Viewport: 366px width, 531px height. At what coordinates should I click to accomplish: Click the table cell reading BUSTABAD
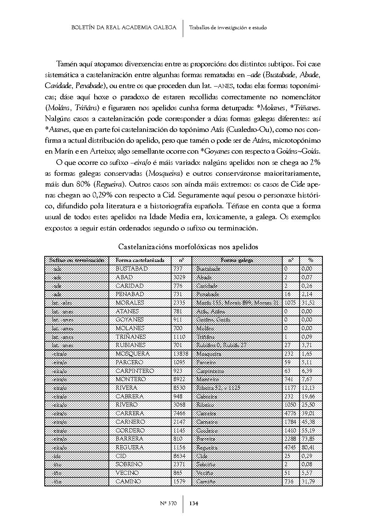point(131,269)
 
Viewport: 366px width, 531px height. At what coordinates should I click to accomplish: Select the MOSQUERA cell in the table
point(132,354)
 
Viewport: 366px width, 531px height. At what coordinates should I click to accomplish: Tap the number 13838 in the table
point(181,354)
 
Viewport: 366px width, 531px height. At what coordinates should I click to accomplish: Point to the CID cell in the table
point(121,456)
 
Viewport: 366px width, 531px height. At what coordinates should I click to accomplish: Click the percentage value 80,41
point(308,447)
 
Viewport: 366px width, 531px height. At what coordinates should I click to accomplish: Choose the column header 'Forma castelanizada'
point(140,260)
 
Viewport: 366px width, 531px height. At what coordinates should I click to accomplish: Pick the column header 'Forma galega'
point(236,260)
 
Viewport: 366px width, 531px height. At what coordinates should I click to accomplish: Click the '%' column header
point(311,260)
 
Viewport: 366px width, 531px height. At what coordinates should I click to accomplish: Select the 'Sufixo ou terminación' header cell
point(77,260)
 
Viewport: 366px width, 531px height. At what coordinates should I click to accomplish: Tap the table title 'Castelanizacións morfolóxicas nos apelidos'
point(188,247)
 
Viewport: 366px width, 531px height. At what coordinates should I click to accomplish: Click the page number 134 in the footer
point(194,503)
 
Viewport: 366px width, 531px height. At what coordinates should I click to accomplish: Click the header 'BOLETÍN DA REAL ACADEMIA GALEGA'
point(124,27)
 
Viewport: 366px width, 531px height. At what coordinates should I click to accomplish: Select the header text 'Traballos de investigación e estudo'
point(228,27)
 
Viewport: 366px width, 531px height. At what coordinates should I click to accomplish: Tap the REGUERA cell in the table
point(130,447)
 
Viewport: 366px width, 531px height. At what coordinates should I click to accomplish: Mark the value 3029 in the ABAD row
point(179,277)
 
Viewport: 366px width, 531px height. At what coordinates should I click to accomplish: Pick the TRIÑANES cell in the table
point(131,337)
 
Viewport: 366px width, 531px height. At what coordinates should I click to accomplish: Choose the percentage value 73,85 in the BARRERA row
point(308,439)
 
